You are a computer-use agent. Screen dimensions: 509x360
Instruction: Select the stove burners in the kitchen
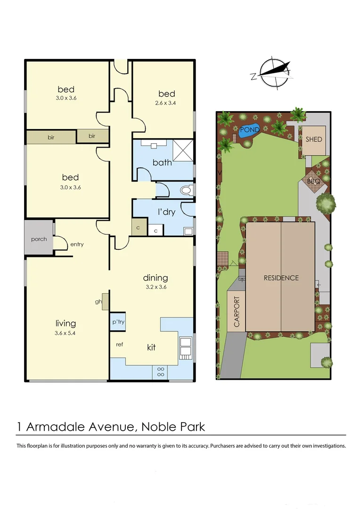click(x=160, y=371)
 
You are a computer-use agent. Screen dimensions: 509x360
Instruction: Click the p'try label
click(x=117, y=322)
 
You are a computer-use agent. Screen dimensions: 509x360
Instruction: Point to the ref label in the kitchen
click(x=119, y=345)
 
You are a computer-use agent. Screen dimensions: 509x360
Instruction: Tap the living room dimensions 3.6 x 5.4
click(x=65, y=333)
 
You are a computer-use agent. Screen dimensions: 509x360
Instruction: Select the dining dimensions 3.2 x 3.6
click(x=155, y=287)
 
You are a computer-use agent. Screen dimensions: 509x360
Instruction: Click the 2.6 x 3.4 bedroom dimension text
click(x=166, y=102)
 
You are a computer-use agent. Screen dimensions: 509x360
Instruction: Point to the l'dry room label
click(x=166, y=212)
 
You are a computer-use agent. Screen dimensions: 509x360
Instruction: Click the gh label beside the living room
click(x=98, y=302)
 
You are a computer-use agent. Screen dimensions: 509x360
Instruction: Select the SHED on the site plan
click(x=314, y=140)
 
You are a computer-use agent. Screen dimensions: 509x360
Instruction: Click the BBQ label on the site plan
click(x=314, y=181)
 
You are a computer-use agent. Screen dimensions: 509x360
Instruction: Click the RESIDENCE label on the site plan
click(x=281, y=278)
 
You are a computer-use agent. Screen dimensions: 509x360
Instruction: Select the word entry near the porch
click(x=77, y=244)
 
